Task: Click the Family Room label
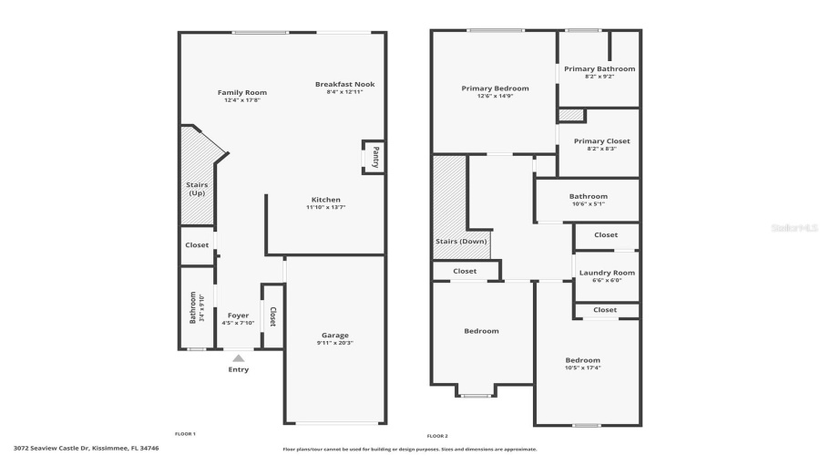[241, 92]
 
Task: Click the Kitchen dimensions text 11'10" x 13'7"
[325, 208]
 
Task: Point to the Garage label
[334, 335]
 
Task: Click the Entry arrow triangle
[238, 359]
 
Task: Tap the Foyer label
[238, 316]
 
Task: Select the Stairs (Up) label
[197, 189]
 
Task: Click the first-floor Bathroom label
[192, 307]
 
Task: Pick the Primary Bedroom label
[495, 88]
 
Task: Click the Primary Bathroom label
[599, 68]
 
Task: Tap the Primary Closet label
[601, 141]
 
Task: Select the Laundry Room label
[606, 273]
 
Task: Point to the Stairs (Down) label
[460, 242]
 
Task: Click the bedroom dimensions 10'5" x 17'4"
[582, 368]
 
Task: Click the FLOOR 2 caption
[437, 436]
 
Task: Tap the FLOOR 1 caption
[185, 433]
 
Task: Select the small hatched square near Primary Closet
[570, 115]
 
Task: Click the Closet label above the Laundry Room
[606, 235]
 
